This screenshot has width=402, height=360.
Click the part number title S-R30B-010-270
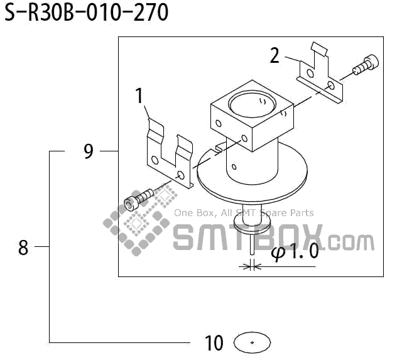tap(87, 12)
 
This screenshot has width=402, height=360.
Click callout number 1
tap(139, 96)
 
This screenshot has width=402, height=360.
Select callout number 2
tap(274, 55)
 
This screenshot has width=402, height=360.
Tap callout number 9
tap(88, 151)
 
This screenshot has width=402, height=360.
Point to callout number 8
tap(23, 248)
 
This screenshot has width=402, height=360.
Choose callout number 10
tap(214, 343)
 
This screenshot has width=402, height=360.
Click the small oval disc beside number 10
tap(251, 342)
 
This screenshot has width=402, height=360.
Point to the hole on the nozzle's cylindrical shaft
tap(234, 167)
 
